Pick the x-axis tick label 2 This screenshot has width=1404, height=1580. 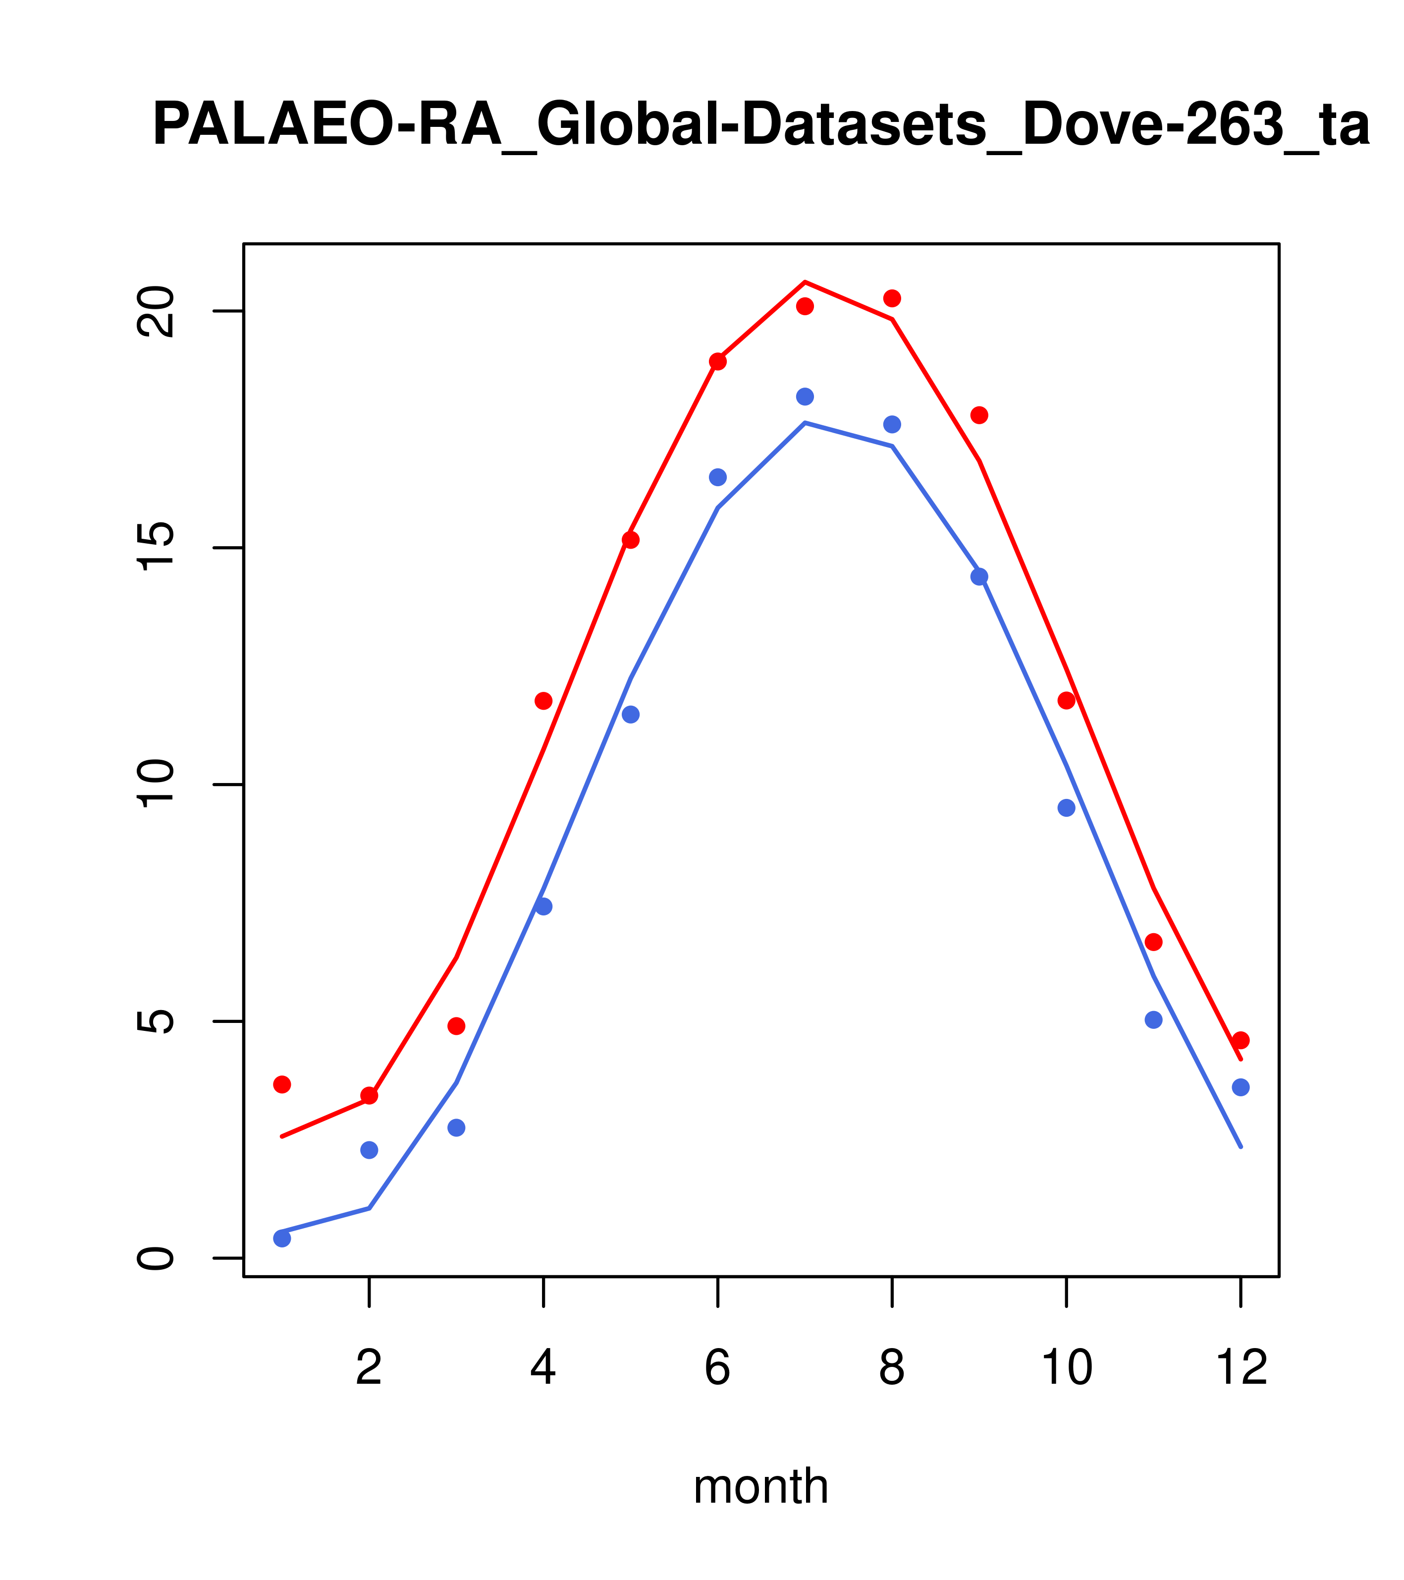coord(370,1368)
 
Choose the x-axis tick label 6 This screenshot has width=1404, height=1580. coord(718,1368)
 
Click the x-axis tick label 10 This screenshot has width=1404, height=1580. coord(1066,1368)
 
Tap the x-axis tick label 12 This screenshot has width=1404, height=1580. coord(1241,1368)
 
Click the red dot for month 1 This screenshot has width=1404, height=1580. coord(282,1084)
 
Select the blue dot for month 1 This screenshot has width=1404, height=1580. coord(282,1239)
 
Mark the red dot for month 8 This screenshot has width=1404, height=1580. coord(892,298)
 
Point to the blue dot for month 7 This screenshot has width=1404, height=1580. coord(805,396)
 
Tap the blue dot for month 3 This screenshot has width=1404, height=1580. coord(457,1128)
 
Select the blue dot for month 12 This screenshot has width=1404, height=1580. coord(1241,1087)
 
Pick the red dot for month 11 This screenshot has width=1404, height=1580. coord(1154,942)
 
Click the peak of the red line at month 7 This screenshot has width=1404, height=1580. coord(805,282)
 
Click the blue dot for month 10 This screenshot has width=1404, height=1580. coord(1066,808)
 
